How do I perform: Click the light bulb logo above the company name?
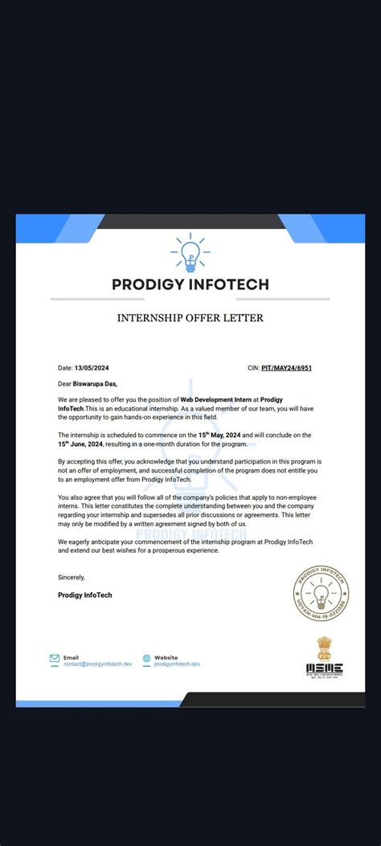coord(190,252)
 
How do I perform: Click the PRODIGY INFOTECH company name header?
coord(190,284)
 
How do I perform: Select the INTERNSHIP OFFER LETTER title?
coord(190,318)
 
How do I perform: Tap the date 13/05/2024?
coord(92,367)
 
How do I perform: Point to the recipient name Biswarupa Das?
coord(95,383)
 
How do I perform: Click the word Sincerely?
coord(71,577)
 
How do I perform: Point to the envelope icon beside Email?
coord(55,658)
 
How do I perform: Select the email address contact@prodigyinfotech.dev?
coord(98,664)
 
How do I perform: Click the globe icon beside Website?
coord(146,658)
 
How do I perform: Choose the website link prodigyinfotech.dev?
coord(177,664)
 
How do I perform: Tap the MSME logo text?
coord(324,667)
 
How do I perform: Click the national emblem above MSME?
coord(324,647)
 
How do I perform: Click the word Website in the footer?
coord(166,657)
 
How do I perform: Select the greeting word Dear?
coord(65,383)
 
